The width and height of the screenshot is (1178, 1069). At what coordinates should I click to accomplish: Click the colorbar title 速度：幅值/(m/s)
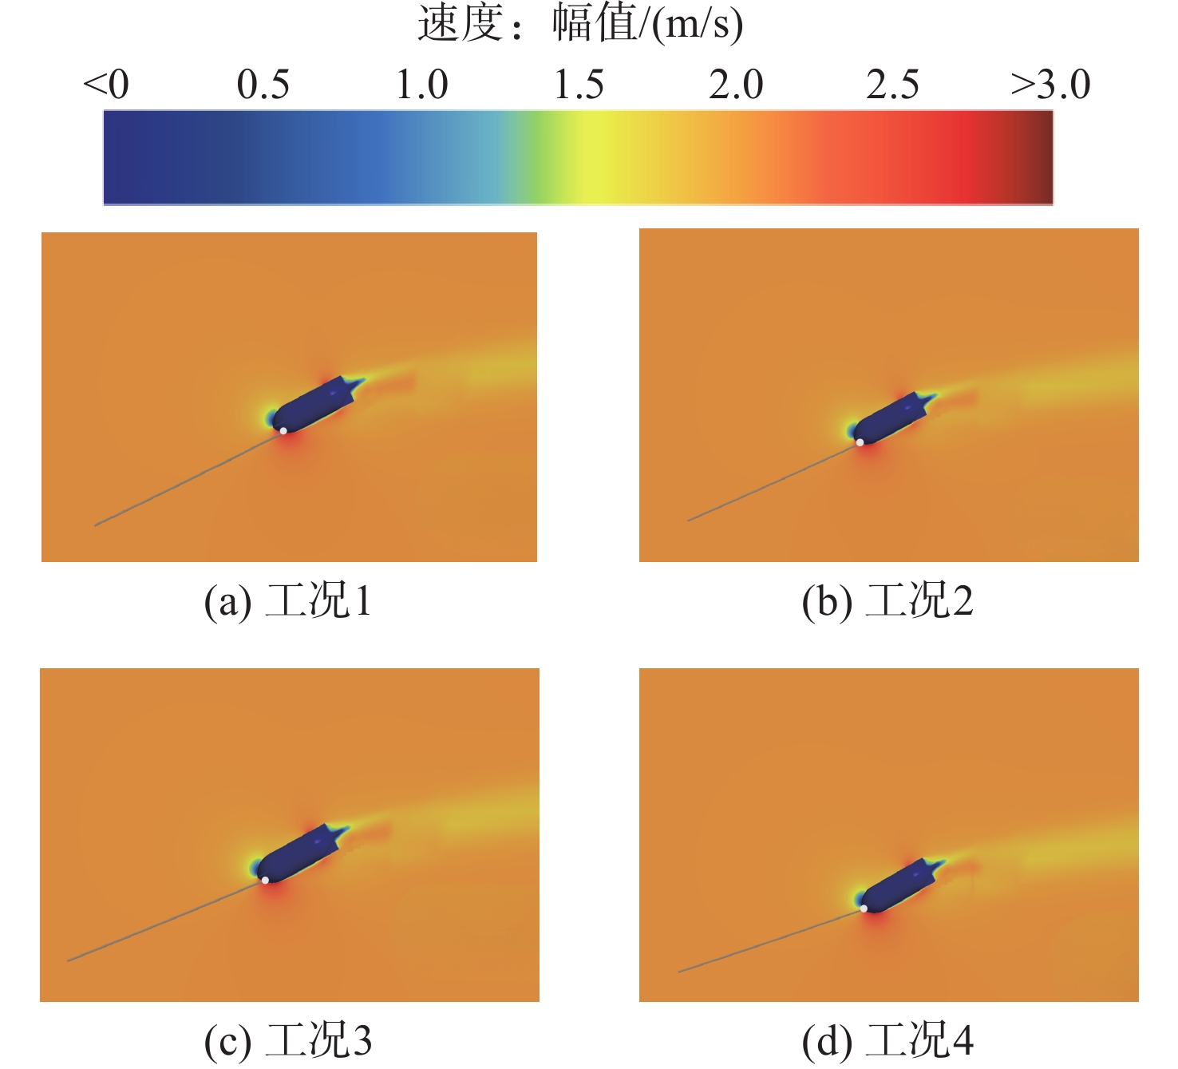(580, 23)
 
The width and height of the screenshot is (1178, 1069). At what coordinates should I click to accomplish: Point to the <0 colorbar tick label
(106, 85)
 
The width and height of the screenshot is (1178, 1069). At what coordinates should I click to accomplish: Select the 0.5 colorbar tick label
(263, 85)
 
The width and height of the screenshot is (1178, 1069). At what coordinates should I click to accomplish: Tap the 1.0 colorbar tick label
(422, 85)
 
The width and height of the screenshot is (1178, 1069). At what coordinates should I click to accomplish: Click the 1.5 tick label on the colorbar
(579, 85)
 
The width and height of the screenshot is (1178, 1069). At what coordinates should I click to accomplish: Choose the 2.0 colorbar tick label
(736, 85)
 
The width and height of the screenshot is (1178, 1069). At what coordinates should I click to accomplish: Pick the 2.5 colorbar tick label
(893, 85)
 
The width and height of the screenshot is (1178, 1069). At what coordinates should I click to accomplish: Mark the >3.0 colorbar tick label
(1050, 85)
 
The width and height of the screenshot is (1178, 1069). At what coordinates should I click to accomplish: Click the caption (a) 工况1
(288, 601)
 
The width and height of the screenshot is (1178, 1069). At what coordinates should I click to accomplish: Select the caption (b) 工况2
(887, 601)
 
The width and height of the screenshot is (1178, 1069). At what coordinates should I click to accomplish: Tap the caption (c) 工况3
(288, 1040)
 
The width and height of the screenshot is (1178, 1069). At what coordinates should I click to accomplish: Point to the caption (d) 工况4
(887, 1040)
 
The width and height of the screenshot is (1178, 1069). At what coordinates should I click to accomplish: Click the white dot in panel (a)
(283, 431)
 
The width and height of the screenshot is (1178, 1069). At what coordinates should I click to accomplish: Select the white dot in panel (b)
(860, 442)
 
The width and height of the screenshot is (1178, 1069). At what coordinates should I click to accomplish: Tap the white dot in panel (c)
(265, 880)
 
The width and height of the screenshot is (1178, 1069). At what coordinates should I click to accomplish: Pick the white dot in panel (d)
(864, 909)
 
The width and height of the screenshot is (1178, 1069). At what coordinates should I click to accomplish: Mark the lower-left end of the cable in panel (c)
(69, 960)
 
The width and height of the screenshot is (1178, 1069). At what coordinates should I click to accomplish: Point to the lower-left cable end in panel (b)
(689, 521)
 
